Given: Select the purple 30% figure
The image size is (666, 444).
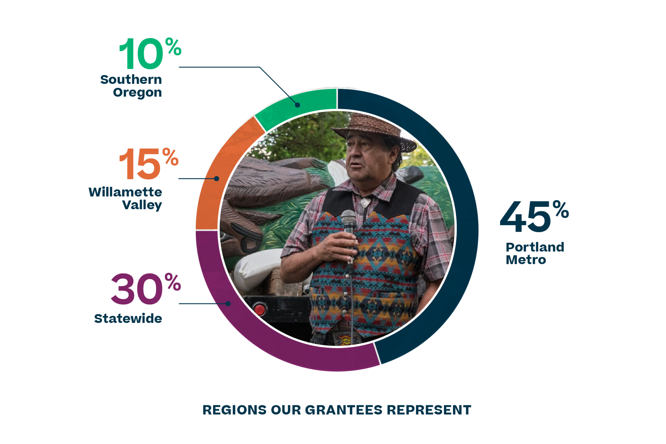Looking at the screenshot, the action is coord(146,289).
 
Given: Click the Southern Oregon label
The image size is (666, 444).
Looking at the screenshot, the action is coord(131,86).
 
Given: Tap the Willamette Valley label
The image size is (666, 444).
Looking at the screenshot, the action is coord(125,199).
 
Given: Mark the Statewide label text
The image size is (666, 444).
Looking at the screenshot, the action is coord(128,319).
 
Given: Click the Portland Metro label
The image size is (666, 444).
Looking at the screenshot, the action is coord(535,254).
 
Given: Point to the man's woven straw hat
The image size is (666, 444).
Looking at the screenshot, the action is coord(374,132).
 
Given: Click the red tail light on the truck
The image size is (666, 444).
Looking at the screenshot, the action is coord(260,309).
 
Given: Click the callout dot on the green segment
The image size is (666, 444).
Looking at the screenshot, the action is coord(298,105).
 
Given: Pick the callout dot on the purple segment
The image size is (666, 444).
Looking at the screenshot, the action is coord(228,304).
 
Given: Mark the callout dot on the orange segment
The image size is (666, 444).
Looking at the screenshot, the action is coord(217,178).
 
